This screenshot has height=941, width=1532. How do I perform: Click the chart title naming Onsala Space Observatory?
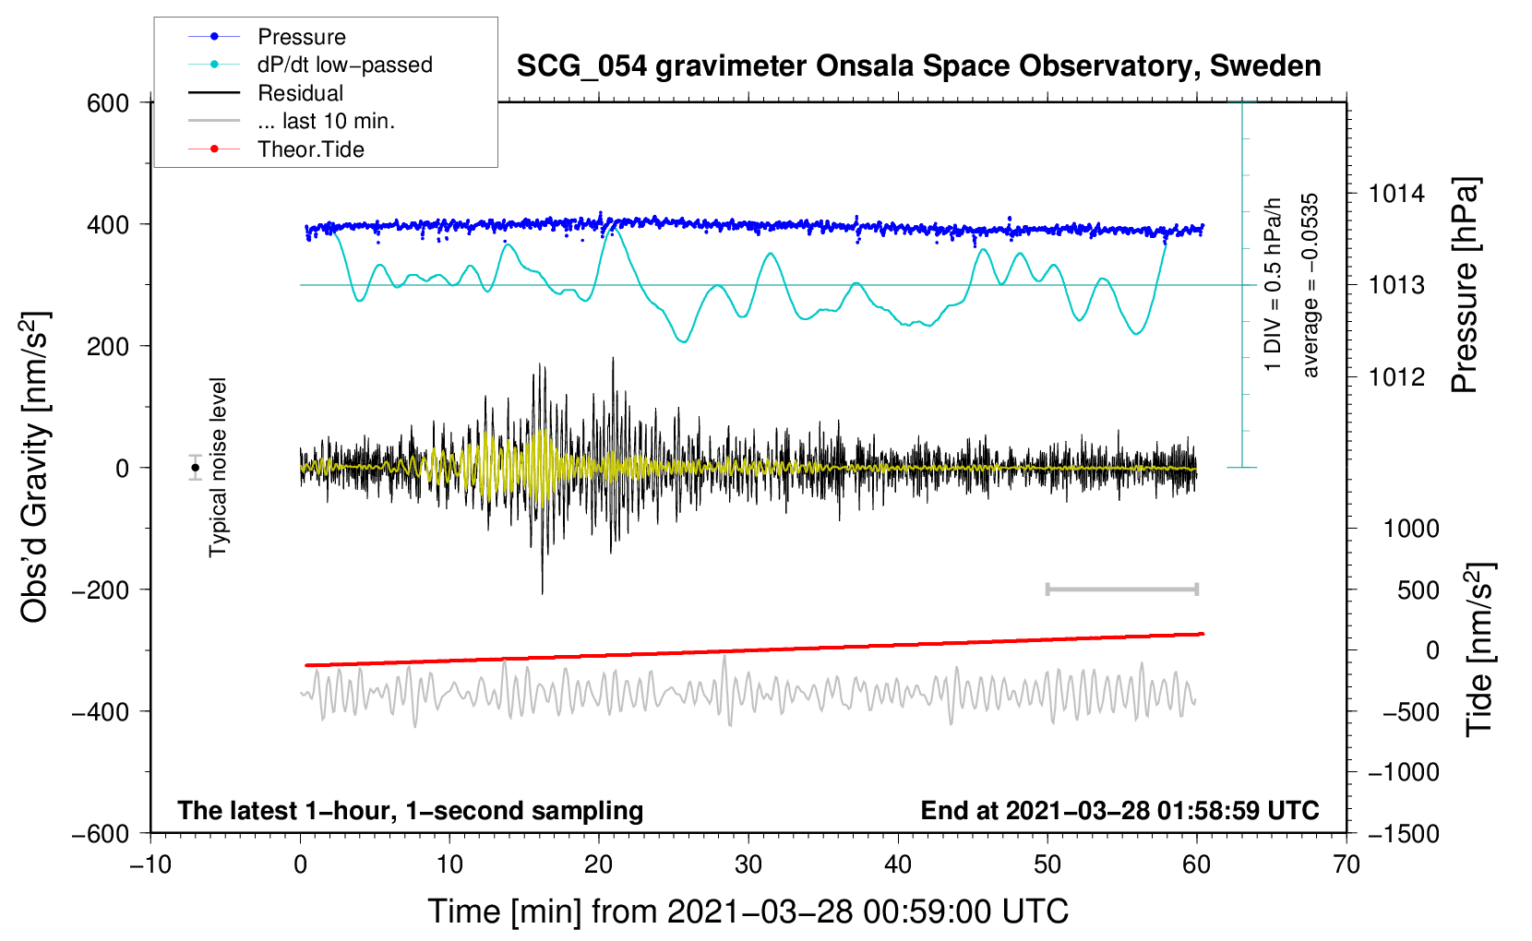(918, 66)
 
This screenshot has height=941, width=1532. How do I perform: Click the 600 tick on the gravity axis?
(108, 103)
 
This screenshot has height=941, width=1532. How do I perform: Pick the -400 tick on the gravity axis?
(101, 711)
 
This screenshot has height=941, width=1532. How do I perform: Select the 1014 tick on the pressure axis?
(1396, 194)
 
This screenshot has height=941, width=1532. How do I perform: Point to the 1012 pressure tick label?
(1396, 376)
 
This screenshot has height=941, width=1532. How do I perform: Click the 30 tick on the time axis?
(748, 864)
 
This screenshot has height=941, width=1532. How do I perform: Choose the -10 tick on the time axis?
(150, 864)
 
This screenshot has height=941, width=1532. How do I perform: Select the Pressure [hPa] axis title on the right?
(1465, 285)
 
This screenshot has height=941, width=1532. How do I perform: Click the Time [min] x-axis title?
(748, 911)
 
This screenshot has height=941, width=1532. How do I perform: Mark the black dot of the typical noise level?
(196, 468)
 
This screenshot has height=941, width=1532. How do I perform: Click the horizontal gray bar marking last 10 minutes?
(1121, 589)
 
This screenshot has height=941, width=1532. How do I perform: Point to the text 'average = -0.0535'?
(1311, 285)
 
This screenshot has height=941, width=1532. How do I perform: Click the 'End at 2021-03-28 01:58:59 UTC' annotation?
(1119, 810)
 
